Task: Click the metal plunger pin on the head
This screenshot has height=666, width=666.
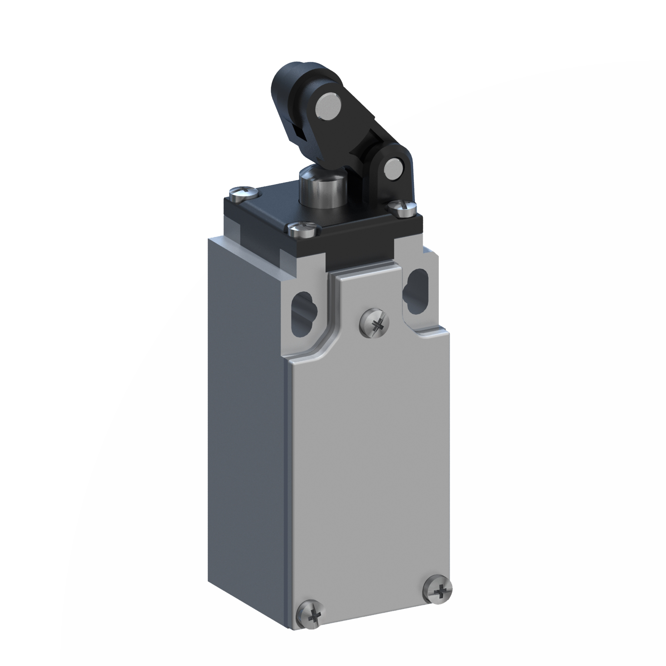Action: (317, 188)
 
